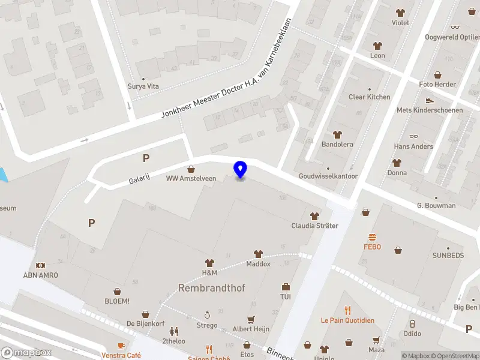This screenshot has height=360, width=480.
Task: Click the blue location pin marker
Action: tap(240, 170)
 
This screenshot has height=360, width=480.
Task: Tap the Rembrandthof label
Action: tap(211, 288)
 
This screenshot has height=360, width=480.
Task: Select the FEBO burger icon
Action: tap(372, 236)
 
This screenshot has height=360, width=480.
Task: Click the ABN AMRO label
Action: tap(39, 276)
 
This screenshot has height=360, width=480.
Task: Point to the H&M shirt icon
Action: tap(209, 263)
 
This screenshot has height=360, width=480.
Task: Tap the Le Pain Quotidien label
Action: tap(347, 320)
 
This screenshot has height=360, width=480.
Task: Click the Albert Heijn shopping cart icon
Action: tap(251, 320)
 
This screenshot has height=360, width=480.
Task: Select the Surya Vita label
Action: tap(143, 86)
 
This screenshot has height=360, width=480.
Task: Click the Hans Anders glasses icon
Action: tap(413, 137)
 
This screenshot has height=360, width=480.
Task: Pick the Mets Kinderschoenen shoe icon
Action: tap(429, 100)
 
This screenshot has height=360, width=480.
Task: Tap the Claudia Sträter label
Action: tap(314, 226)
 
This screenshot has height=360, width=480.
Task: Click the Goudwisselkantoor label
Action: tap(328, 176)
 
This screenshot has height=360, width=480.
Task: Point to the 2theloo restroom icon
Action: tap(174, 331)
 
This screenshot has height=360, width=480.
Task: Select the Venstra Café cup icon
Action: tap(121, 346)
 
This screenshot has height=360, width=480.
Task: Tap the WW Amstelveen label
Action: tap(191, 178)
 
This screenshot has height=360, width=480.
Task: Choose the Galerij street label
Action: tap(139, 179)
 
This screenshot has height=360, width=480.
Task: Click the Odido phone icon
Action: tap(412, 324)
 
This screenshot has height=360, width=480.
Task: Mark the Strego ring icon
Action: tap(208, 315)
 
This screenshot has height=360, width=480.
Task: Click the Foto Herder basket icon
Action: tap(437, 75)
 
